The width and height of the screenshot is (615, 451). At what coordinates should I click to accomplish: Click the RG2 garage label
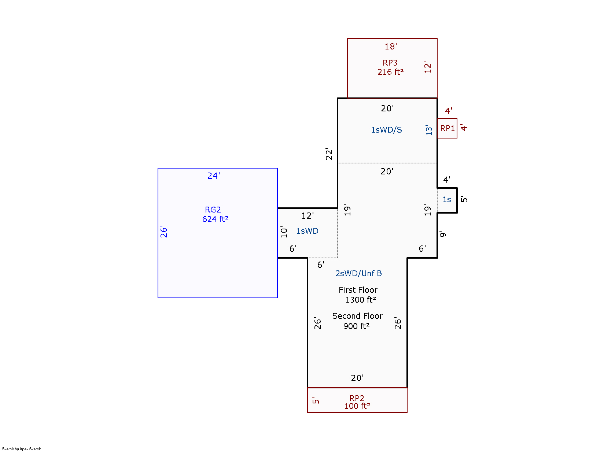coord(213,210)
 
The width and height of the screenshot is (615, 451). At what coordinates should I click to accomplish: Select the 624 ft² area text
coord(215,219)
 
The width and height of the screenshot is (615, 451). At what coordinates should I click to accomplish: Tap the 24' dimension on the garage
coord(213,176)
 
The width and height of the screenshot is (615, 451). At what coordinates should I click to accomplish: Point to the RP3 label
coord(390,63)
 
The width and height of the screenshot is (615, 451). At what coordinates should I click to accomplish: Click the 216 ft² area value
coord(390,72)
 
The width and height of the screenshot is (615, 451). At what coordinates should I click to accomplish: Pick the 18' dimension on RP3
coord(390,47)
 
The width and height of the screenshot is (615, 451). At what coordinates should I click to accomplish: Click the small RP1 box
coord(447,128)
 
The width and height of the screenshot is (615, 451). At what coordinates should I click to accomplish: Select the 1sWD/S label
coord(386,130)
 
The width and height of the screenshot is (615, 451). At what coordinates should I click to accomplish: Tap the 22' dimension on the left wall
coord(329,154)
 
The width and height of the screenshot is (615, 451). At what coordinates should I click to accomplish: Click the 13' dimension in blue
coord(429,130)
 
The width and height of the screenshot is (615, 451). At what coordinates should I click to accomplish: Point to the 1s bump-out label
coord(447,200)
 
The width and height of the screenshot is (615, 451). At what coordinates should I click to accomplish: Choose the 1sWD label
coord(307,231)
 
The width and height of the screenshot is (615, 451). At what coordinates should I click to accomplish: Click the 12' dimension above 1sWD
coord(307,216)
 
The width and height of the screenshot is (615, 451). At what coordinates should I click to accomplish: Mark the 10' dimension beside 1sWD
coord(284,232)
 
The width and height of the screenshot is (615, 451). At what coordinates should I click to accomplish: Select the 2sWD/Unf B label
coord(358,273)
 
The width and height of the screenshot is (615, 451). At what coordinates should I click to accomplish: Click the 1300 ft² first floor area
coord(361,300)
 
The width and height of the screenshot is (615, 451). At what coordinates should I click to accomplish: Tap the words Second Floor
coord(357,316)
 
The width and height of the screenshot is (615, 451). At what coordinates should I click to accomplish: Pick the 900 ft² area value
coord(356,326)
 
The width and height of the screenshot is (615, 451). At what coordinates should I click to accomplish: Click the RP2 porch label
coord(357,398)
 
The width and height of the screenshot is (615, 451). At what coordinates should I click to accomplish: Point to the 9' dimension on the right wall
coord(443,234)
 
